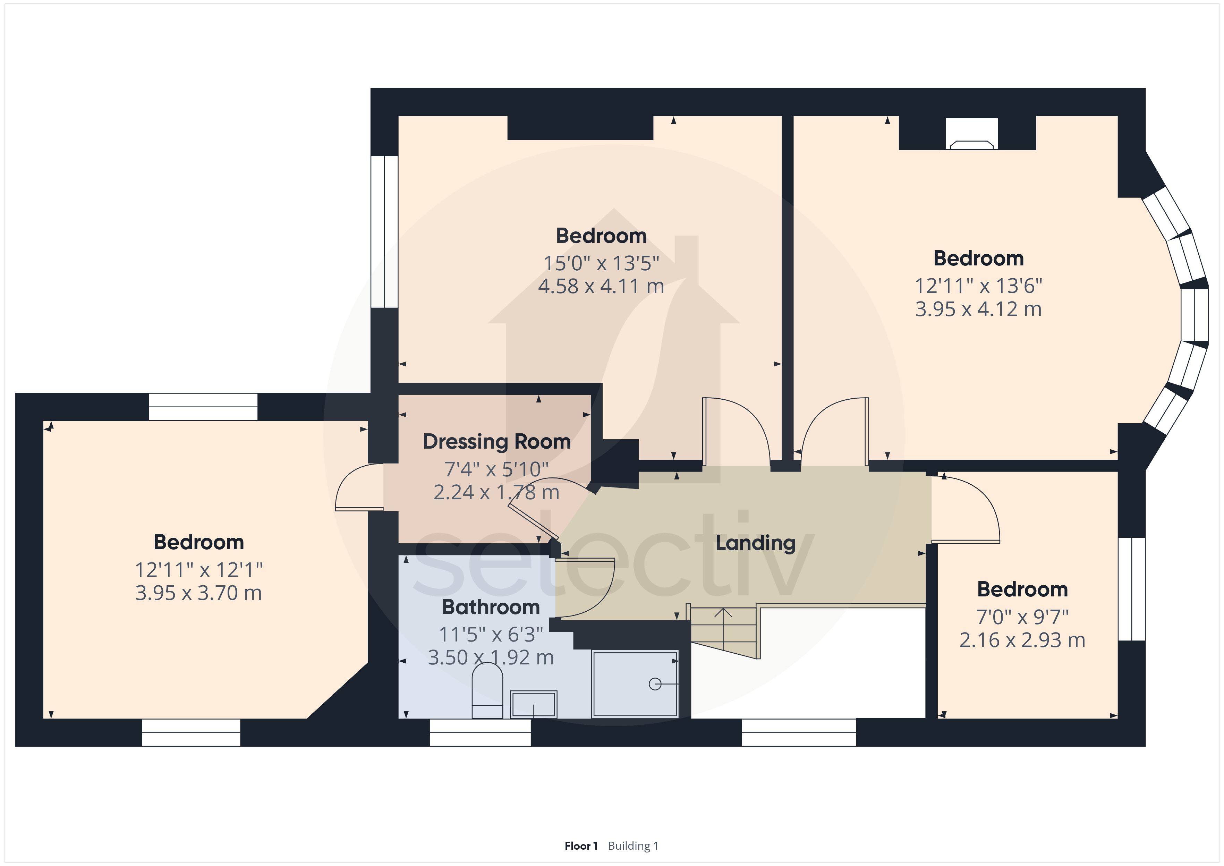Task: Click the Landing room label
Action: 755,543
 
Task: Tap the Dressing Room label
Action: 497,442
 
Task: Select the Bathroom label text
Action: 491,607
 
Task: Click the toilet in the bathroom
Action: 487,690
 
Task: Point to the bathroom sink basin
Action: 534,704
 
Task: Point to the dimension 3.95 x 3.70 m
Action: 199,593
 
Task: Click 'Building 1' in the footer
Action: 633,846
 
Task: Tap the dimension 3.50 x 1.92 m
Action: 491,657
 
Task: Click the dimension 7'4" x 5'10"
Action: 497,470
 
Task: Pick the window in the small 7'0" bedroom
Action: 1132,589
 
